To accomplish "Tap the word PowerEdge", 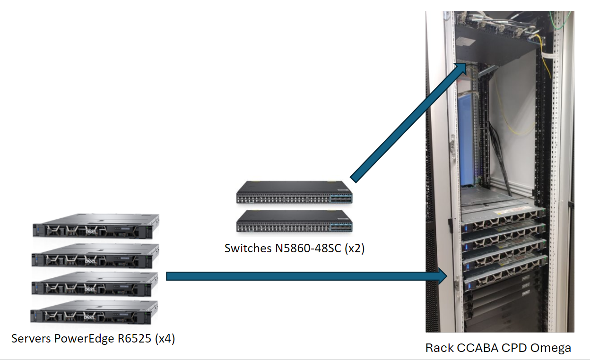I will pyautogui.click(x=84, y=339).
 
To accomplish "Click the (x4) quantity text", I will pyautogui.click(x=165, y=339).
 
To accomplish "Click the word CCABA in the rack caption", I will pyautogui.click(x=473, y=348).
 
